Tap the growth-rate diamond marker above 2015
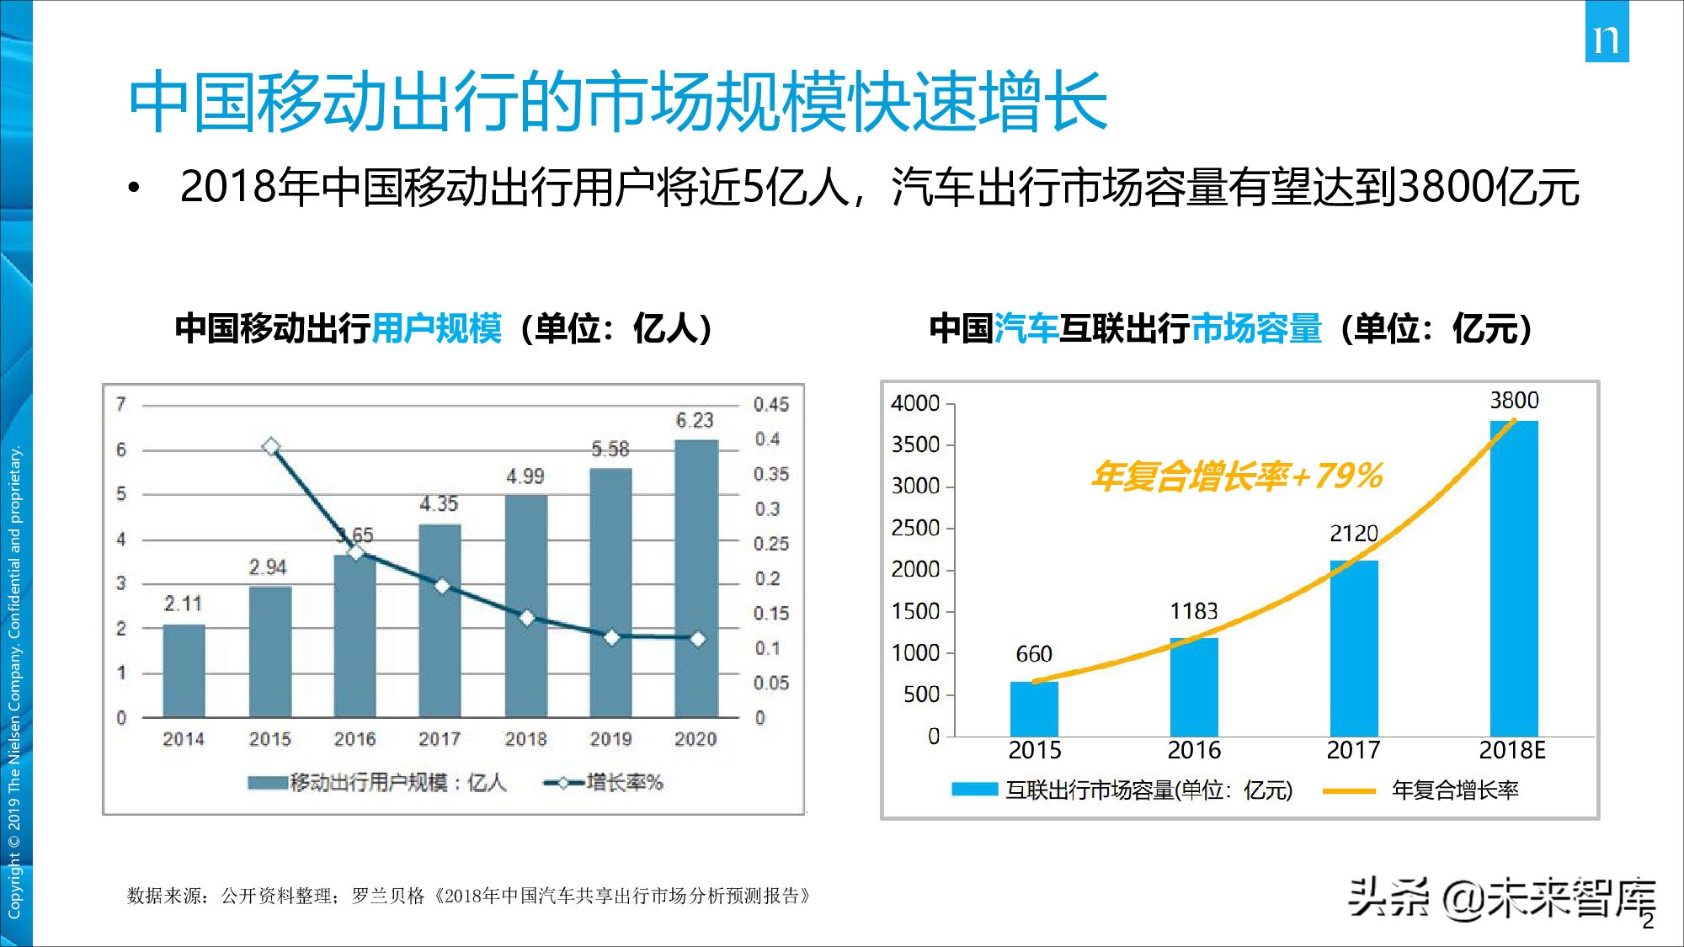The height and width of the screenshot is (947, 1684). click(270, 447)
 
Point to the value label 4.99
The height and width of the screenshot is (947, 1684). click(525, 476)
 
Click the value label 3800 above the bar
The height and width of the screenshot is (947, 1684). click(1514, 401)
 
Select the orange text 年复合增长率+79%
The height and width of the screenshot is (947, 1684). click(1236, 476)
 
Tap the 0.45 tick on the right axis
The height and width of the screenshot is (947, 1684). click(770, 405)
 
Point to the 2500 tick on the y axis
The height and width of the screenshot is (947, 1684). click(915, 528)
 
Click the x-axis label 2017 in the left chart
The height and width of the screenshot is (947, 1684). click(440, 739)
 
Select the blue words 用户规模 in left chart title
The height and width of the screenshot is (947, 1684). click(436, 328)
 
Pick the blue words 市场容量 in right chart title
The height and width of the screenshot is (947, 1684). click(1256, 328)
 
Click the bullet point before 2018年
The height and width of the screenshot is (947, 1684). click(133, 189)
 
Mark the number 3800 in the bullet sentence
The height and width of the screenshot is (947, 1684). click(1446, 187)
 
